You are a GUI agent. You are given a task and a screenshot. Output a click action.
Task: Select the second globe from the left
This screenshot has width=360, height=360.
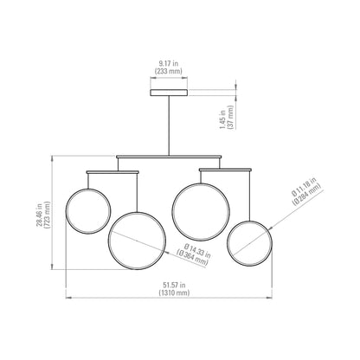[x=137, y=237]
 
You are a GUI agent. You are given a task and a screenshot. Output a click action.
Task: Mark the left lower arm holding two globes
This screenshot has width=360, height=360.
[x=112, y=172]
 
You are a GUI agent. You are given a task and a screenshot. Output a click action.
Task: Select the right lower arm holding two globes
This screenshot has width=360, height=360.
[x=226, y=170]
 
